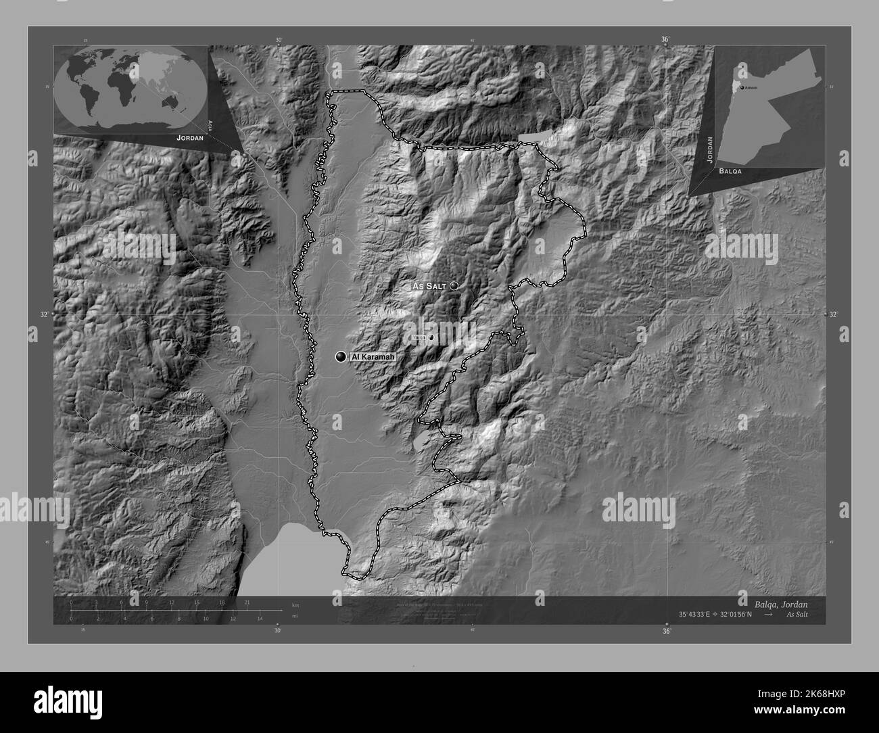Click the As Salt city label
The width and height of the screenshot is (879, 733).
(x=429, y=287)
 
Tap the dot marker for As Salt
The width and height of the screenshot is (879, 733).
(x=454, y=286)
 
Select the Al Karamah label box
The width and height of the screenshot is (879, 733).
(x=372, y=356)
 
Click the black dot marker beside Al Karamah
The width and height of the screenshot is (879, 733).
(x=341, y=356)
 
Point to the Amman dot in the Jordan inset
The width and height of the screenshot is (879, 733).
(x=742, y=88)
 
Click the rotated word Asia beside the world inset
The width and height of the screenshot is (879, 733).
(x=211, y=124)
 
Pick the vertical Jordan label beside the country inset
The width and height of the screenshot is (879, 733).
(x=709, y=150)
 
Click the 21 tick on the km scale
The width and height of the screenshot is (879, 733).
(x=247, y=602)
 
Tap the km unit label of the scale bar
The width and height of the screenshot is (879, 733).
(x=295, y=604)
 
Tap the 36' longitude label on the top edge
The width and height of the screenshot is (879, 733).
(x=665, y=40)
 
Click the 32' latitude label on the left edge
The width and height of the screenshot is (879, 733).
(x=45, y=314)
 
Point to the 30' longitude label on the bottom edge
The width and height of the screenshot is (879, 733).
(x=277, y=631)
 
